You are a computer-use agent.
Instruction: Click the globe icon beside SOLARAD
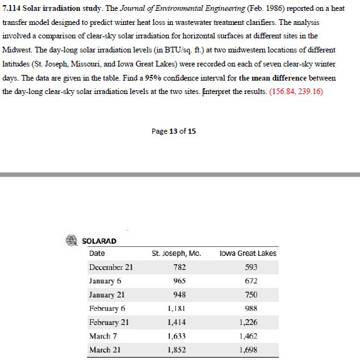(72, 241)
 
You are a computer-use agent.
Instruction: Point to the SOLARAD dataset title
(99, 241)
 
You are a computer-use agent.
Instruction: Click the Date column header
(97, 253)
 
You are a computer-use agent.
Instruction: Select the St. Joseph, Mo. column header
(176, 253)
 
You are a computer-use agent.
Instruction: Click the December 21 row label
(111, 267)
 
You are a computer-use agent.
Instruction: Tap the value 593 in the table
(251, 267)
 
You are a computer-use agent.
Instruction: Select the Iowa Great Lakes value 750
(251, 294)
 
